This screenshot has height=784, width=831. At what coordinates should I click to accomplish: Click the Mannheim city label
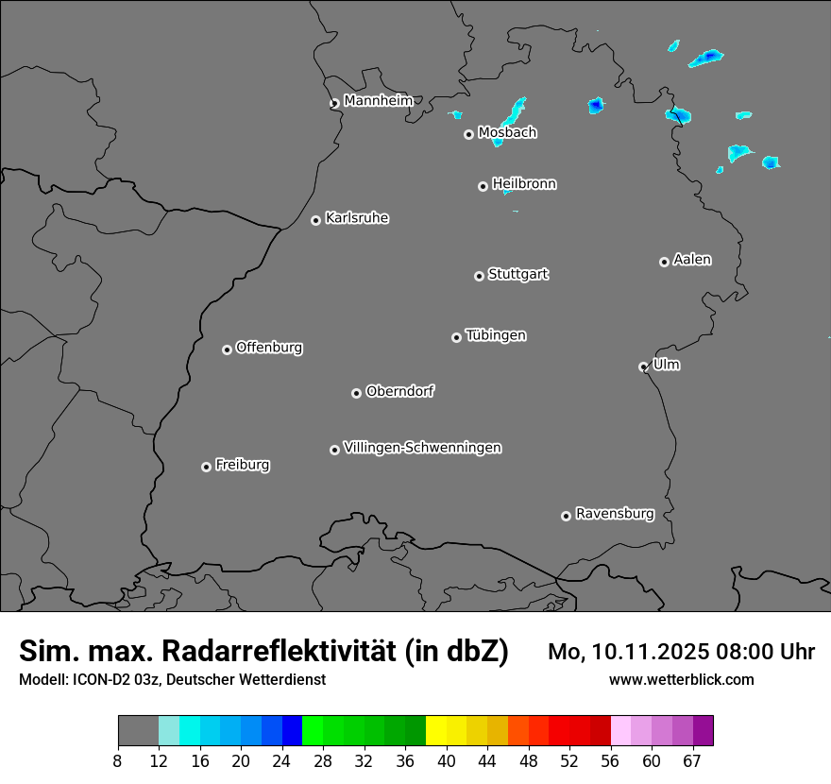pos(378,100)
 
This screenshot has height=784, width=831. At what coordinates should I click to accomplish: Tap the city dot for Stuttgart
pos(479,276)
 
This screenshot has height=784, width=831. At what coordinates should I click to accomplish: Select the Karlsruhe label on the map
pos(357,218)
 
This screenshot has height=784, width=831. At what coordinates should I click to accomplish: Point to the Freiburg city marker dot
pos(206,467)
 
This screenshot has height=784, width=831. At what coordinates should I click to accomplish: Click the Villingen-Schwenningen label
pos(422,448)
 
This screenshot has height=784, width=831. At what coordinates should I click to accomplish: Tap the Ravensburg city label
pos(615,514)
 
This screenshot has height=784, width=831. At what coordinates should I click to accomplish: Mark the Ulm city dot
pos(643,366)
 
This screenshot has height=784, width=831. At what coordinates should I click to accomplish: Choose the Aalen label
pos(692,260)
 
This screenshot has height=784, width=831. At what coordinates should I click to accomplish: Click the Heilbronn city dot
pos(483,186)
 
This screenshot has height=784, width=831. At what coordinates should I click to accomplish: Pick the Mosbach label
pos(507,133)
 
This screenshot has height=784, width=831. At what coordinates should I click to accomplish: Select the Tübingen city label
pos(496,335)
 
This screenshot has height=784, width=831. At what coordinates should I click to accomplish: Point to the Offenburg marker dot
pos(227,349)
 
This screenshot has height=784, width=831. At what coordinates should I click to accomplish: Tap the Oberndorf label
pos(399,391)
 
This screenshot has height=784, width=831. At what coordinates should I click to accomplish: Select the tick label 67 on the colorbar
pos(692,761)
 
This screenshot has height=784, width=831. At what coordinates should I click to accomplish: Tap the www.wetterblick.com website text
pos(681,680)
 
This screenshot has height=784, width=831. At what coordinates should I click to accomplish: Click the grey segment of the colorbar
pos(138,731)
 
